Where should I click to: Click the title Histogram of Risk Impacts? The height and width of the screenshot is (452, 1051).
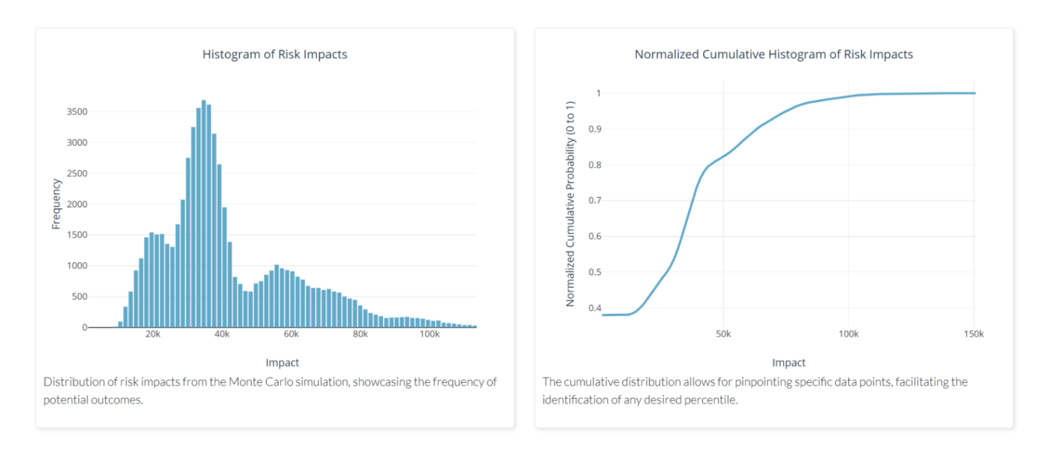pyautogui.click(x=275, y=54)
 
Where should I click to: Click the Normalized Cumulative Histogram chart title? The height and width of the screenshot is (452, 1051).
pyautogui.click(x=774, y=54)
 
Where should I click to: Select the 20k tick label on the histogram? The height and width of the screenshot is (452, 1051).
pyautogui.click(x=152, y=335)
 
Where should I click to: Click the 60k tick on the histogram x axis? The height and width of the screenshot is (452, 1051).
pyautogui.click(x=291, y=335)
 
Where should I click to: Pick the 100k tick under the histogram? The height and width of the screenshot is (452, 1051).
pyautogui.click(x=429, y=335)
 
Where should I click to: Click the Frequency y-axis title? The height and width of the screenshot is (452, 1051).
pyautogui.click(x=56, y=204)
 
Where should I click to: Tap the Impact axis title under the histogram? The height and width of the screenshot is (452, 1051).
pyautogui.click(x=282, y=363)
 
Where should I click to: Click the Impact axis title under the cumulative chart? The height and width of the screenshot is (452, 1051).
pyautogui.click(x=789, y=363)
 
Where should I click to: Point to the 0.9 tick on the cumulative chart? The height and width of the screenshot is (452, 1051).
pyautogui.click(x=593, y=129)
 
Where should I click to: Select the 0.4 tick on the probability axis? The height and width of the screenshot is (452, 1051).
pyautogui.click(x=593, y=308)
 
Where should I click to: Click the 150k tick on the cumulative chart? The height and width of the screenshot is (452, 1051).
pyautogui.click(x=974, y=335)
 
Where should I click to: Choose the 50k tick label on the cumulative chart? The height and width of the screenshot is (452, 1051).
pyautogui.click(x=723, y=335)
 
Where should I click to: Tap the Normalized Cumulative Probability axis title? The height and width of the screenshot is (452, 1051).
pyautogui.click(x=570, y=204)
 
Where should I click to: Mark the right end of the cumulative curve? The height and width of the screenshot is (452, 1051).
pyautogui.click(x=975, y=93)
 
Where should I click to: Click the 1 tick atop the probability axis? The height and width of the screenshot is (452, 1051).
pyautogui.click(x=597, y=93)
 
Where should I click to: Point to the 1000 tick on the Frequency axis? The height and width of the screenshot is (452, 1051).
pyautogui.click(x=78, y=266)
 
